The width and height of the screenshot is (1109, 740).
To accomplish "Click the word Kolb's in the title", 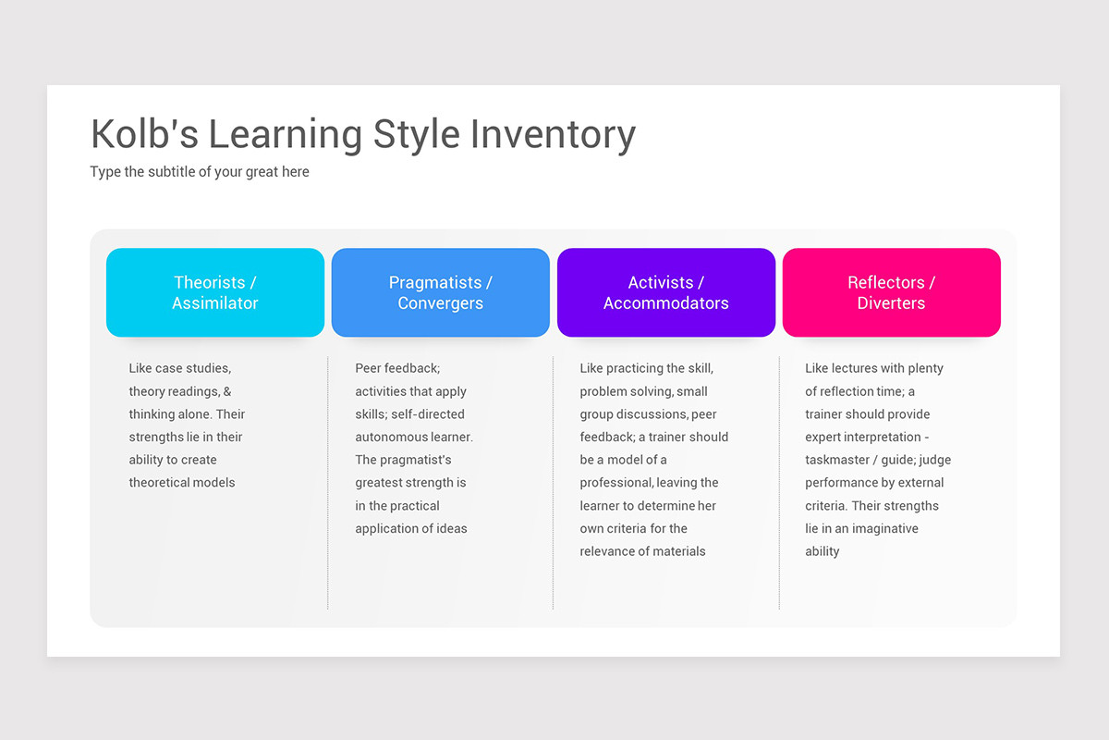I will (144, 134).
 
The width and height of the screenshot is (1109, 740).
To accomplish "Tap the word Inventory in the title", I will (553, 134).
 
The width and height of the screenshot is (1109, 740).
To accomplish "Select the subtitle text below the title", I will (200, 172).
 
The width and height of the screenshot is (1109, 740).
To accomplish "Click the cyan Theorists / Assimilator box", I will (215, 292).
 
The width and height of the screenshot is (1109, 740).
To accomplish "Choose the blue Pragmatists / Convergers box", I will (441, 292).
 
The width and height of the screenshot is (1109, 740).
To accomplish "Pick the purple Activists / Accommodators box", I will (666, 292).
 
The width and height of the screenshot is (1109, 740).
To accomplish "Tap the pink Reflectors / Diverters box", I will (892, 292).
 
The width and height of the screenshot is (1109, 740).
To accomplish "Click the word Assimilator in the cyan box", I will (215, 303).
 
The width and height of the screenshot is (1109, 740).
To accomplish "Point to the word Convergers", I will (441, 303).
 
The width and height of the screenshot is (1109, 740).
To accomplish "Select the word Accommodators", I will (666, 303).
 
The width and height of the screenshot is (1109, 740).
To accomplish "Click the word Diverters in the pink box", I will (892, 303).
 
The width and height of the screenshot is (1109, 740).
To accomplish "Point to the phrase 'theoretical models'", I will (182, 483).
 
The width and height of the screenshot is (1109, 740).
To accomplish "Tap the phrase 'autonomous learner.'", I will (414, 437).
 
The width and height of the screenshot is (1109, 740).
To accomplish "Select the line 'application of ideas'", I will (411, 529).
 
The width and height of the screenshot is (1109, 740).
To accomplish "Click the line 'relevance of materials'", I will (642, 551).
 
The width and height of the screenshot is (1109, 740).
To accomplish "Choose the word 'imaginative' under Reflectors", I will (885, 529).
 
